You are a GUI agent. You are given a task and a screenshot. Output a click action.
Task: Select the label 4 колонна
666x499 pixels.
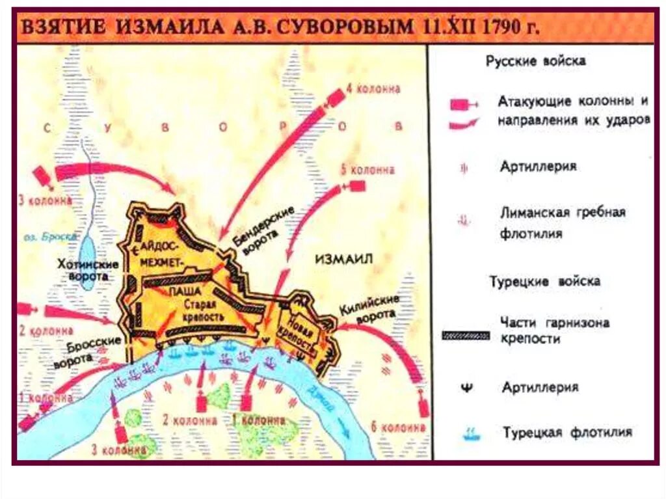[373, 89]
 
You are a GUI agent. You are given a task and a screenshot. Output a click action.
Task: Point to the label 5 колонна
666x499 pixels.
[367, 170]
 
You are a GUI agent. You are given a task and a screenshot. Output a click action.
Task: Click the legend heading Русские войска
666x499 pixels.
[536, 61]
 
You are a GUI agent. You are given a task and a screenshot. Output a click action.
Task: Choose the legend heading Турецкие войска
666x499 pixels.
[544, 282]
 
